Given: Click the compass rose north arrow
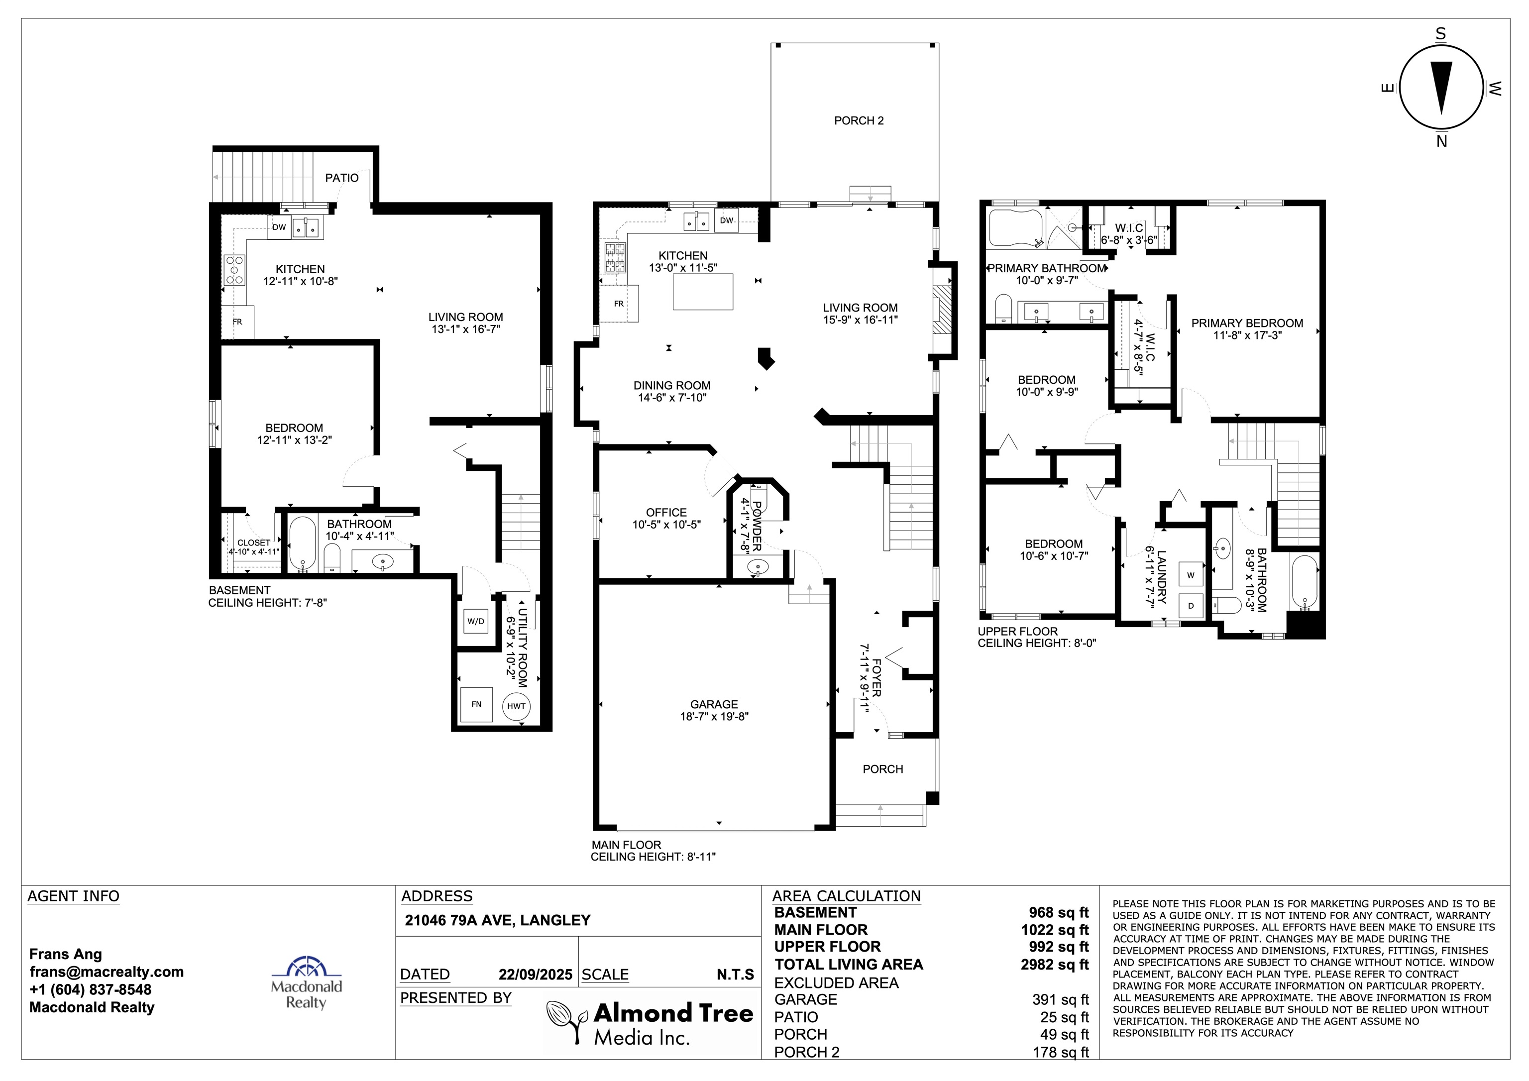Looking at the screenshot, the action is tap(1442, 87).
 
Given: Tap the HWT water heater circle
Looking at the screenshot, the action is tap(516, 706).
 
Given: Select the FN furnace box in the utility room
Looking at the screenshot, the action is tap(476, 704).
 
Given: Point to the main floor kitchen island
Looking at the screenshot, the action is tap(703, 292).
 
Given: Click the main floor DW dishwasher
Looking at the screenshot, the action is tap(727, 220).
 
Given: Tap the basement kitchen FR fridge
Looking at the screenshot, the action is tap(238, 323).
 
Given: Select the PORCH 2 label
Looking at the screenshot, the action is tap(859, 120).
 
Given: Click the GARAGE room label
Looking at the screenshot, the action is tap(714, 704).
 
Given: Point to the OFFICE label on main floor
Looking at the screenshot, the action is tap(666, 512).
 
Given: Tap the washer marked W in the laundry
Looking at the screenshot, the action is tap(1191, 575).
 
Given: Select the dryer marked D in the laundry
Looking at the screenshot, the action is tap(1191, 605).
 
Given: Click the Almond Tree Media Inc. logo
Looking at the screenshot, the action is tap(650, 1022).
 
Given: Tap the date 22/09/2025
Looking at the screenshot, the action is tap(536, 974).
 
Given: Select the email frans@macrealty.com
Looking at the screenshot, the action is tap(107, 972).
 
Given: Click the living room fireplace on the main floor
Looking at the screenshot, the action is tap(942, 310).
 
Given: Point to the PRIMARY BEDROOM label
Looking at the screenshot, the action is tap(1247, 323).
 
